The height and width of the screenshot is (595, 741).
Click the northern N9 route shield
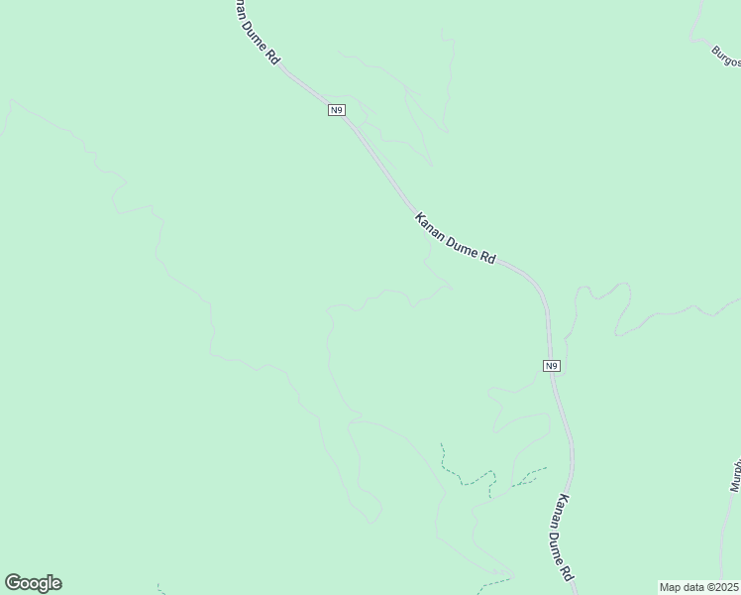pos(337,109)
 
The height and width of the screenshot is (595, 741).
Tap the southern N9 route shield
pos(553,366)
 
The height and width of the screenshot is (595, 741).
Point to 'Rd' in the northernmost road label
pos(272,59)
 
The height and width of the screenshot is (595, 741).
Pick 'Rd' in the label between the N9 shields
pos(487,258)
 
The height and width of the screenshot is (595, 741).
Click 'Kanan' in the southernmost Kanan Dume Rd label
pos(563,509)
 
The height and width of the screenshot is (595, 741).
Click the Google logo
pos(33,583)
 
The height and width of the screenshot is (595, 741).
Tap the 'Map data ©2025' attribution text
pos(698,586)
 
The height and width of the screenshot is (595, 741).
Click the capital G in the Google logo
pos(13,583)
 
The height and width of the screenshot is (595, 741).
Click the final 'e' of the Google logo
pos(55,584)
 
